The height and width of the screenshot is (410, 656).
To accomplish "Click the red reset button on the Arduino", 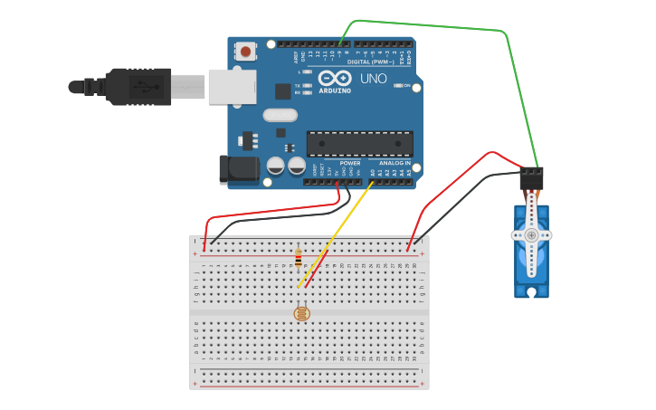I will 245,52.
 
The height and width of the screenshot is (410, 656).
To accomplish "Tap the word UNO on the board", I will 374,79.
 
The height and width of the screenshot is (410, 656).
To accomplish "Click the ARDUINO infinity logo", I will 335,78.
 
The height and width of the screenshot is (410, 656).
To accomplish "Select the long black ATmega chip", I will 359,143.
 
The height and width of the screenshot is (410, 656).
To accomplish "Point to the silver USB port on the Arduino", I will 232,87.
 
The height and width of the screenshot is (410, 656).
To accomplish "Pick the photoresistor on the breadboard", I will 301,313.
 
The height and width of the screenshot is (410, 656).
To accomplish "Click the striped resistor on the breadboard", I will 299,260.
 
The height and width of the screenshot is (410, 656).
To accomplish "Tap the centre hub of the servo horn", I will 531,235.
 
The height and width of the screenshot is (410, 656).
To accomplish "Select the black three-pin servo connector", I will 531,176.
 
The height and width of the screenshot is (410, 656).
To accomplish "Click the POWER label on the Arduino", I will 349,164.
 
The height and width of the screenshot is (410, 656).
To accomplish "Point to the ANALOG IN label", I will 395,164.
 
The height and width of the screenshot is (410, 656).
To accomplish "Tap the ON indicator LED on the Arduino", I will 397,86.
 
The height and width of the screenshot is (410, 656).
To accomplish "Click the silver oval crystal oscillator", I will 280,115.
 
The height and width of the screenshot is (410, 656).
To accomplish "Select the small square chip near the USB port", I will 283,91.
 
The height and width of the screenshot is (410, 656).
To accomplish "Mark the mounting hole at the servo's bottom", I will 531,291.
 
